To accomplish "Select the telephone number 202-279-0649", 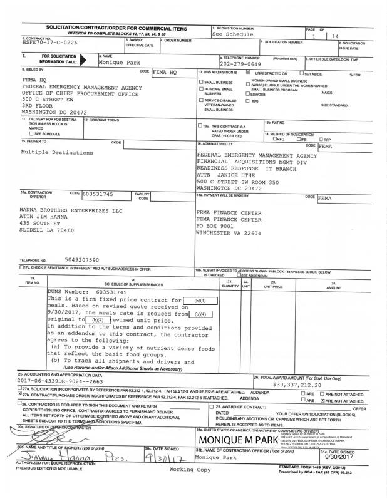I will point(242,65).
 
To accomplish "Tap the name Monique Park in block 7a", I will point(116,65).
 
